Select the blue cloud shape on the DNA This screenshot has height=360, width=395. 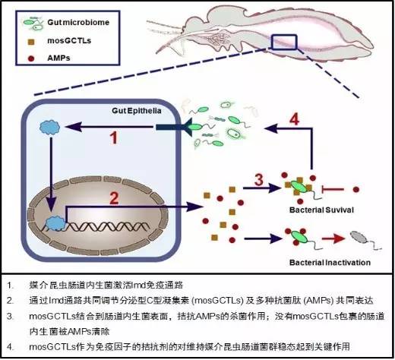(x=55, y=223)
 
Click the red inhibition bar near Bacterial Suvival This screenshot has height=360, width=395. (x=324, y=186)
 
